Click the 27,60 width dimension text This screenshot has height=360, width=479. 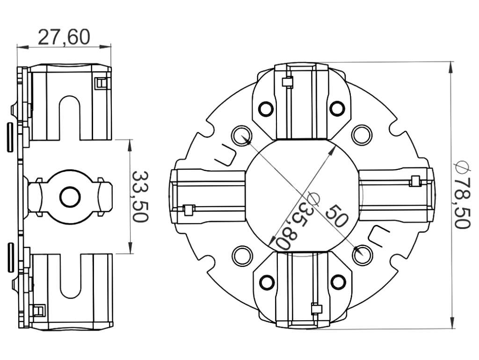[x=64, y=37]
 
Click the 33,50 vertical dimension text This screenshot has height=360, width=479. [x=140, y=196]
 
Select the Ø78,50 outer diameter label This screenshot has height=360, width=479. [x=462, y=195]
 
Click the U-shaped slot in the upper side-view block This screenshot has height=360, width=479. [x=70, y=117]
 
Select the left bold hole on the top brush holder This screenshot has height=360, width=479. [x=266, y=108]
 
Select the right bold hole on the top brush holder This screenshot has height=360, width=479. [x=337, y=108]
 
